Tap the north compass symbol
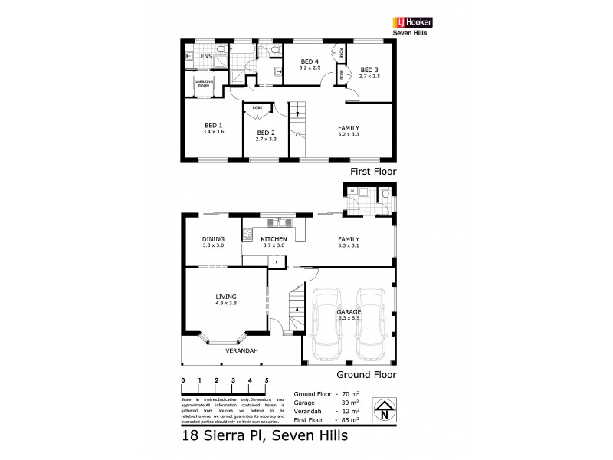383,409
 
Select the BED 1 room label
213,126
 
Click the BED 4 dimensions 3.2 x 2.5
309,67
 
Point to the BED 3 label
370,68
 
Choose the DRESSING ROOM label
203,84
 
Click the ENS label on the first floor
206,56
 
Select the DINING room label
213,239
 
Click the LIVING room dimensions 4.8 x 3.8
226,304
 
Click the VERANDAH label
241,351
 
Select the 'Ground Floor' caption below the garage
367,375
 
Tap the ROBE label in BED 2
257,109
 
